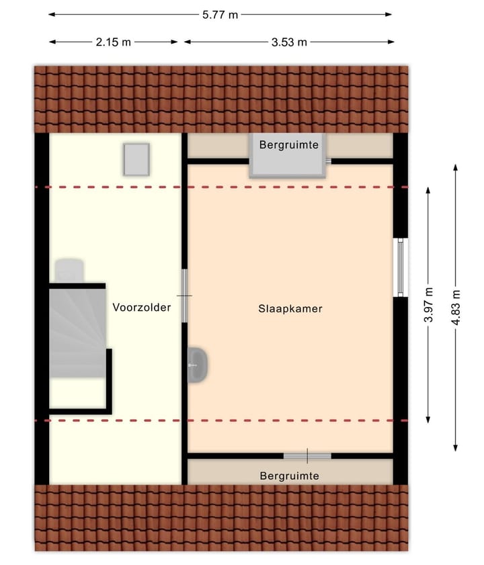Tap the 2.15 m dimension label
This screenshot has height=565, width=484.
pyautogui.click(x=113, y=42)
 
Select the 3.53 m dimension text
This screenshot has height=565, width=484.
pyautogui.click(x=289, y=42)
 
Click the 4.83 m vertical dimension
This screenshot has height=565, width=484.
pyautogui.click(x=457, y=307)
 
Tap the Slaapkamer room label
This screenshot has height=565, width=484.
pyautogui.click(x=290, y=309)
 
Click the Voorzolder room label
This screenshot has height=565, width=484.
pyautogui.click(x=142, y=308)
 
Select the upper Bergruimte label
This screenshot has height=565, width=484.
pyautogui.click(x=289, y=144)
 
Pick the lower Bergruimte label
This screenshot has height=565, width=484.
pyautogui.click(x=289, y=476)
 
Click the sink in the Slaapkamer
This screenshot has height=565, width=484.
pyautogui.click(x=198, y=365)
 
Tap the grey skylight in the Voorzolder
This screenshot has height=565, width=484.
pyautogui.click(x=136, y=159)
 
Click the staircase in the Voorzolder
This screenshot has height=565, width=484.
pyautogui.click(x=77, y=333)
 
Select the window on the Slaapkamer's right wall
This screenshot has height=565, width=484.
pyautogui.click(x=401, y=267)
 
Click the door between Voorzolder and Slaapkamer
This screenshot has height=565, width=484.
pyautogui.click(x=184, y=295)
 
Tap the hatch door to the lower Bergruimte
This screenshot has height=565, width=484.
pyautogui.click(x=307, y=455)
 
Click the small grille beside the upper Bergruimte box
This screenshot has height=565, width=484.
pyautogui.click(x=329, y=161)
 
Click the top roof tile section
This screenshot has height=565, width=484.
pyautogui.click(x=221, y=99)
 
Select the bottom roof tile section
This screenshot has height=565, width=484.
pyautogui.click(x=221, y=517)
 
